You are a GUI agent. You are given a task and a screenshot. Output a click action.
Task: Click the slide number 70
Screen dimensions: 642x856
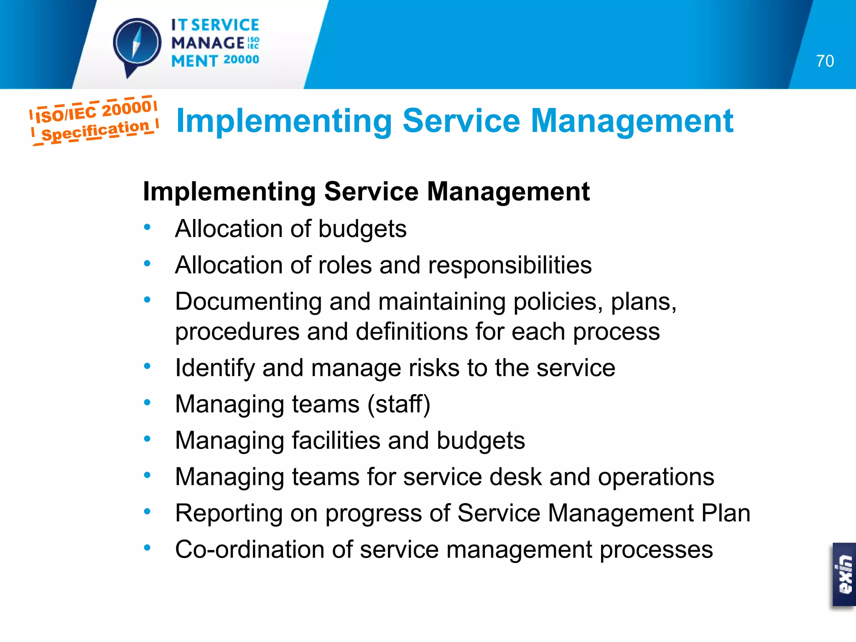click(825, 61)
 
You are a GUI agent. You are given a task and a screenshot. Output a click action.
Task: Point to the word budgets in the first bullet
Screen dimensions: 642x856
click(362, 229)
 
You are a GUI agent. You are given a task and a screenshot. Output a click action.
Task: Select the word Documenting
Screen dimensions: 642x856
click(248, 302)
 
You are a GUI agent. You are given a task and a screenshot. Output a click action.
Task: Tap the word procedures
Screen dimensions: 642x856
click(237, 332)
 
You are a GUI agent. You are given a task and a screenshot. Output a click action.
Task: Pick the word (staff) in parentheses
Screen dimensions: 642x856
click(399, 405)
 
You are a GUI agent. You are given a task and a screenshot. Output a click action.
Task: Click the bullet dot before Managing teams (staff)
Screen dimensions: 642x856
click(147, 403)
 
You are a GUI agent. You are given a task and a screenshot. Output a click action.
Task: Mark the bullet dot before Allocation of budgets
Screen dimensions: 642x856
click(147, 227)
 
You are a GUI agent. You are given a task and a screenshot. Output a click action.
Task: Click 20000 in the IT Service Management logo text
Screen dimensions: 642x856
click(241, 60)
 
